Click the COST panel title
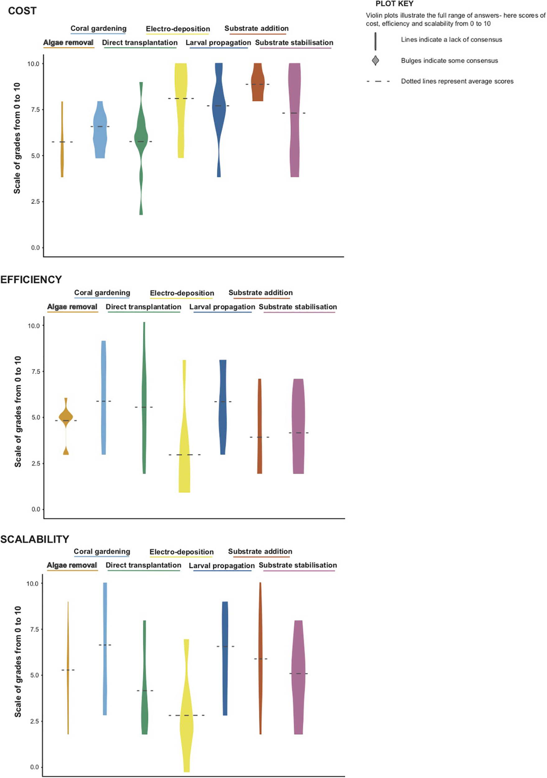coord(22,11)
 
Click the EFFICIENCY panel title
coord(31,279)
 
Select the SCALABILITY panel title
coord(35,539)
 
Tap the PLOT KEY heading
coord(394,4)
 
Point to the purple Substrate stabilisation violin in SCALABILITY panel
coord(298,678)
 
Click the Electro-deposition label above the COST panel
coord(178,29)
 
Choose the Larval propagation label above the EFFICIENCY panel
coord(222,307)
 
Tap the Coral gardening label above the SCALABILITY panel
coord(102,552)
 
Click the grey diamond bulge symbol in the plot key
coord(375,61)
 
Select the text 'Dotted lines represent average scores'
coord(457,81)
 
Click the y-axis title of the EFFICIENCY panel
coord(18,412)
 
